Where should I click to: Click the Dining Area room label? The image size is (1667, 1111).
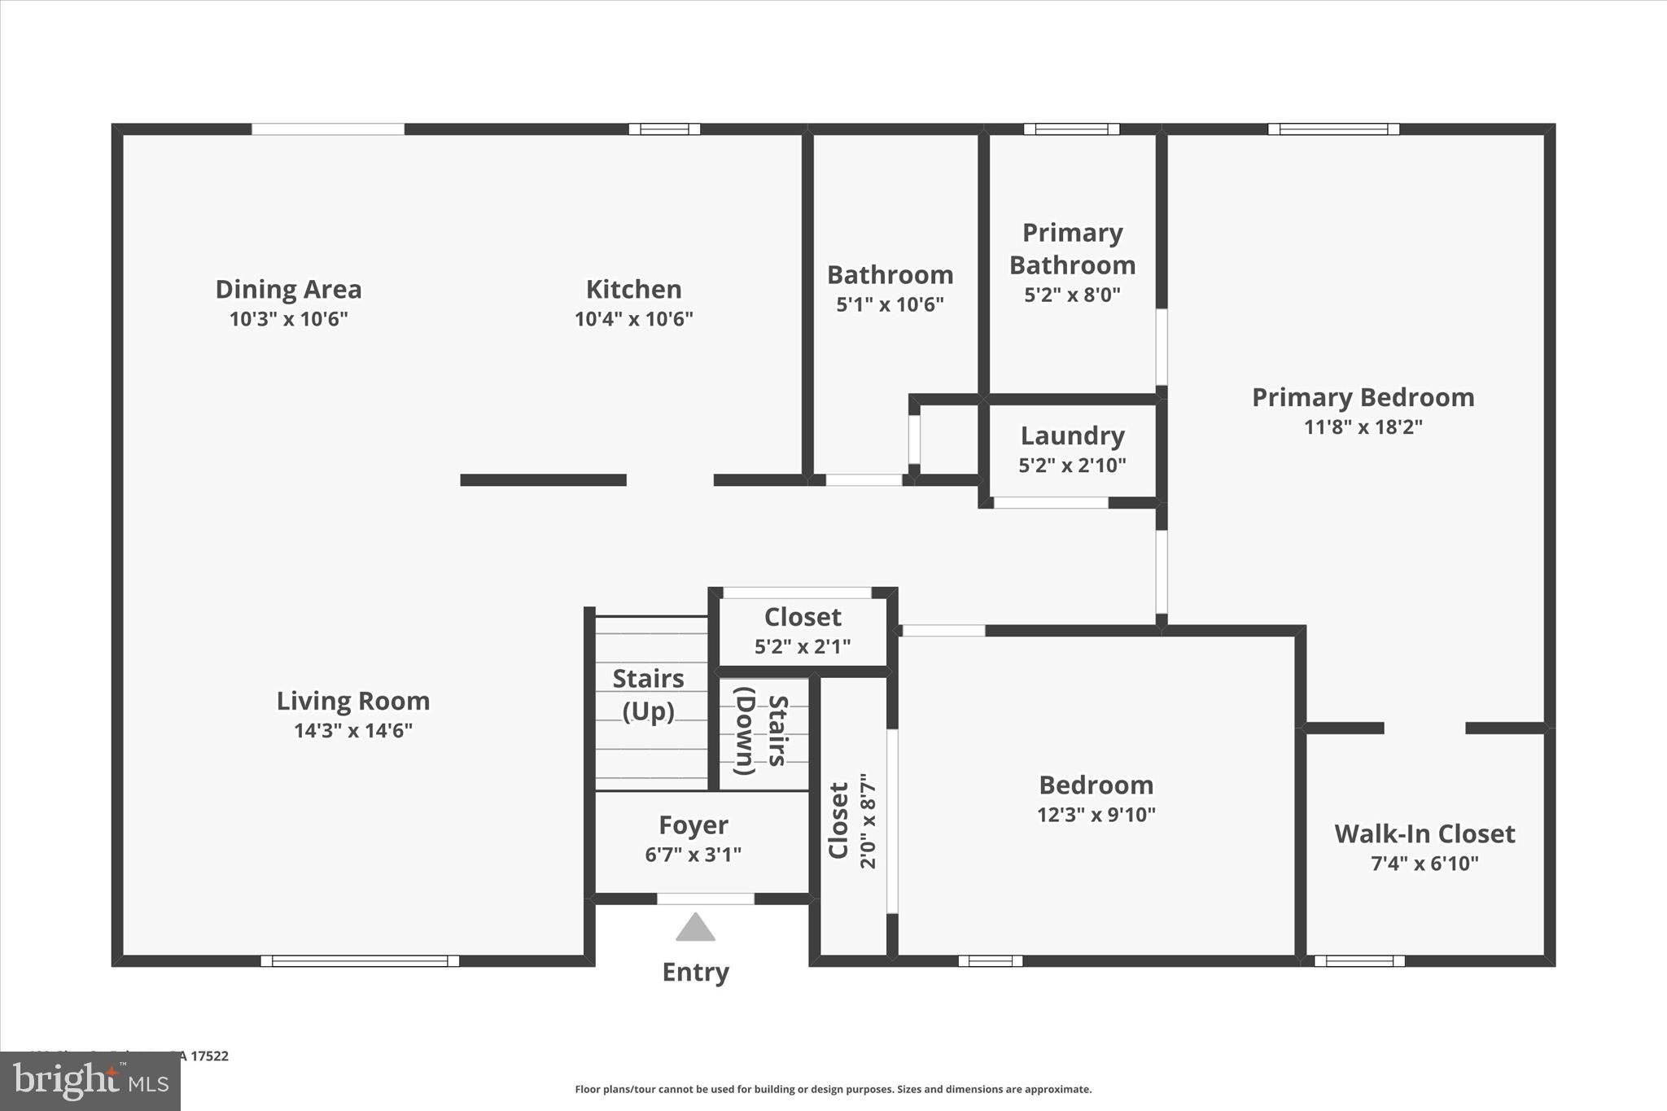(288, 290)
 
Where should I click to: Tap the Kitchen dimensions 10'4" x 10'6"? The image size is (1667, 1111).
(633, 318)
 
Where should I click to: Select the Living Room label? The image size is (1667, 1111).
(352, 701)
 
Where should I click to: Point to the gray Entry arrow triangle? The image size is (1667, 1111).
(695, 927)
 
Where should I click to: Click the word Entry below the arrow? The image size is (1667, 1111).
(695, 972)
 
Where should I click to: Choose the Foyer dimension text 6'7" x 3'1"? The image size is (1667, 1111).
(693, 855)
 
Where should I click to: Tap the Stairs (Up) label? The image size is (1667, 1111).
(648, 694)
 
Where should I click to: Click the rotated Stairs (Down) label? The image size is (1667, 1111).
(761, 730)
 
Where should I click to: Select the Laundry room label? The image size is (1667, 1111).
(1072, 435)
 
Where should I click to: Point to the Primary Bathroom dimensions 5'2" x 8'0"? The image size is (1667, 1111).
(1072, 295)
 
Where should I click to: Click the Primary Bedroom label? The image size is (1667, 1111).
(1363, 397)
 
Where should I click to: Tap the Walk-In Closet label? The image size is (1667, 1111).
(1424, 833)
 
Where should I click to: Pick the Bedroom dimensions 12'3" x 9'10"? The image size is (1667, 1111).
(1096, 815)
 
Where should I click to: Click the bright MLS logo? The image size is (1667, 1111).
(90, 1081)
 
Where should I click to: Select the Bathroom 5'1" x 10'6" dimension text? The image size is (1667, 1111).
(890, 304)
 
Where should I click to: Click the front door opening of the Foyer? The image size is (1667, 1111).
(705, 899)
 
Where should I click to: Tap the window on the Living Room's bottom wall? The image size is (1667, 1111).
(360, 961)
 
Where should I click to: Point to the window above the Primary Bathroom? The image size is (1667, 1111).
(1071, 129)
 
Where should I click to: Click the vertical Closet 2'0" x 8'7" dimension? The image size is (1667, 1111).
(868, 820)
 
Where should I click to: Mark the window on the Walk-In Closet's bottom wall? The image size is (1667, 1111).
(1359, 961)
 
